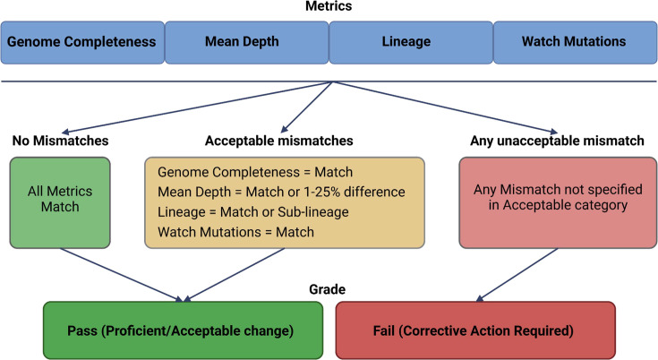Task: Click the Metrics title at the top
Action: (x=329, y=6)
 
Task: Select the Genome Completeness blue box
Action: (x=82, y=43)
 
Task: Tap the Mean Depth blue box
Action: (x=247, y=43)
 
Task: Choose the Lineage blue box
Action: (x=411, y=43)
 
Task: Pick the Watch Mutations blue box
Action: (x=575, y=43)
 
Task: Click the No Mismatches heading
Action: (x=61, y=141)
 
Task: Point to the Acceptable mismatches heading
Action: (x=279, y=141)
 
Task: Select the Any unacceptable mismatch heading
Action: (x=557, y=141)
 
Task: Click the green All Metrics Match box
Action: (x=60, y=202)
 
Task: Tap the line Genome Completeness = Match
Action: (x=255, y=172)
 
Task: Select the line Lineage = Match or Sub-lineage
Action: (x=253, y=212)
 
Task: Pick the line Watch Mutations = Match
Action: (x=235, y=232)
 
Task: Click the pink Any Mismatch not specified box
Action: (x=558, y=202)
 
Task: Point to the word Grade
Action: (x=328, y=289)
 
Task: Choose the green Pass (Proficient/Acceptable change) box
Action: (x=183, y=330)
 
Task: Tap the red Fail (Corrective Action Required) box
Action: (x=475, y=330)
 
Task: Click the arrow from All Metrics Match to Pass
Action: (x=122, y=275)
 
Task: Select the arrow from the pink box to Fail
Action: (x=517, y=275)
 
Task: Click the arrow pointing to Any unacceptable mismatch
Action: (x=445, y=107)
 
